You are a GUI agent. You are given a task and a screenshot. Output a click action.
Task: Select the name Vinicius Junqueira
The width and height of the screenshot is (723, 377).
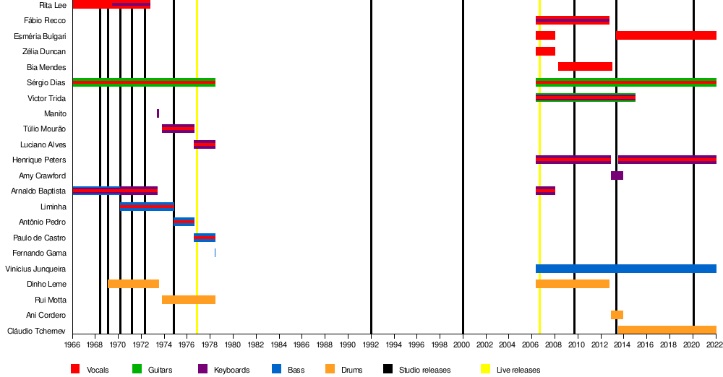(x=36, y=269)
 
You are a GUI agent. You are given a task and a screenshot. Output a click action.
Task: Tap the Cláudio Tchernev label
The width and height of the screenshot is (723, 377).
(x=36, y=331)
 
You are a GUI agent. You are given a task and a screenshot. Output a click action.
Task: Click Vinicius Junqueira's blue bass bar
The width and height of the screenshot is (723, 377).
(x=625, y=269)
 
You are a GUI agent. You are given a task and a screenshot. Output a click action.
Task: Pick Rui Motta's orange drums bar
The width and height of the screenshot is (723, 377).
(x=188, y=300)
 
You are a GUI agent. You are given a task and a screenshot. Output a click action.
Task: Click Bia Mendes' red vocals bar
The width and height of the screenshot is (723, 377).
(x=585, y=66)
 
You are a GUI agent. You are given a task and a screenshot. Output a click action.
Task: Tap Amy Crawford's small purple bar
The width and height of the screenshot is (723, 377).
(x=617, y=175)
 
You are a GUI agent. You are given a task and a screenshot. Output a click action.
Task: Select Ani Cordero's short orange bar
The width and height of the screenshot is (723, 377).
(x=617, y=315)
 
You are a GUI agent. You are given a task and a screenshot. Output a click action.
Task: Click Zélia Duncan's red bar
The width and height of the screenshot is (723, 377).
(x=545, y=51)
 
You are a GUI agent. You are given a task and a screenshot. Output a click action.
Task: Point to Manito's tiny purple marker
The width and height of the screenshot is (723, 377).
(x=158, y=113)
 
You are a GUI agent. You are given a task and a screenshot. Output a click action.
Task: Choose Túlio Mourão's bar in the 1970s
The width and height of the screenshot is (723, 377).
(x=178, y=129)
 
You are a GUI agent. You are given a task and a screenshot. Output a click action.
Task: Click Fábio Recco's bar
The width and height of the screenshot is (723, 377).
(x=572, y=20)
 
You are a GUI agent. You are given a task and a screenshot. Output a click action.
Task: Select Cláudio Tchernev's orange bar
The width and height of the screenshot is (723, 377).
(x=667, y=330)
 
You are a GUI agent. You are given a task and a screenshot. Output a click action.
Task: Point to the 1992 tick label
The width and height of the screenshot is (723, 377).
(x=371, y=345)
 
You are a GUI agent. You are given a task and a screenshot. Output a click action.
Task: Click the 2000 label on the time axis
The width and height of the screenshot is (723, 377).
(x=463, y=345)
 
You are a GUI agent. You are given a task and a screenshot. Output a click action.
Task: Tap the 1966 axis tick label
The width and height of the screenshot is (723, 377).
(x=73, y=345)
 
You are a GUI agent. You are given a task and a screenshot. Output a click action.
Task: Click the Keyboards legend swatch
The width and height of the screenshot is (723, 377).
(x=202, y=369)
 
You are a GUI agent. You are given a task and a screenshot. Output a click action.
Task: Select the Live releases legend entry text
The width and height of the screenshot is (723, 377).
(x=518, y=370)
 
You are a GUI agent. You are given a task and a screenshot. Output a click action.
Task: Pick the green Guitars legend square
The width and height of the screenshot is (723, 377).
(x=137, y=369)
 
